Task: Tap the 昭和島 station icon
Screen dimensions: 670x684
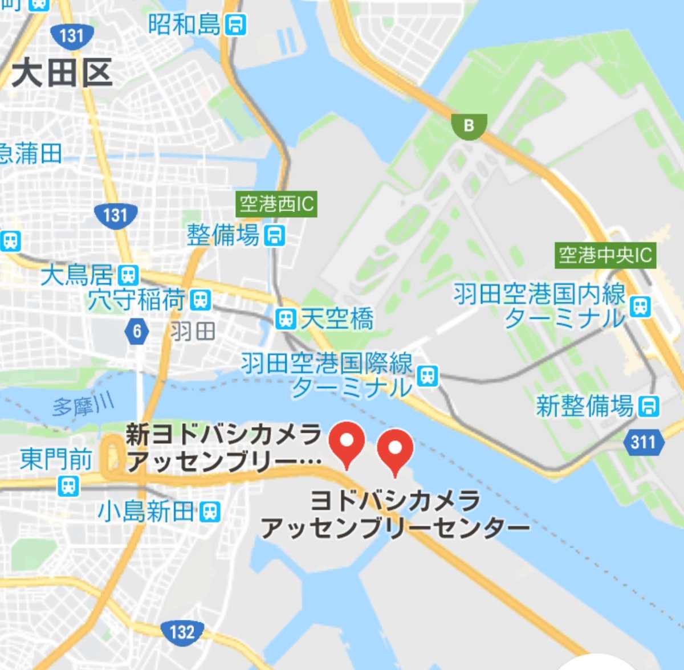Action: pos(235,25)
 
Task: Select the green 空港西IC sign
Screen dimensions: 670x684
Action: pos(276,204)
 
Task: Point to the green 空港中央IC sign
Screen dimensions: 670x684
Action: pos(605,255)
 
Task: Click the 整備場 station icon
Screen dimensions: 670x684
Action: pos(275,235)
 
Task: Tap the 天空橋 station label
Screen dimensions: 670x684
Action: pos(337,318)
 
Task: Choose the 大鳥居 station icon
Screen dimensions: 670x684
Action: pos(129,276)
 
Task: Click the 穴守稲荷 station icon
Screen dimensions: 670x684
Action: pos(200,300)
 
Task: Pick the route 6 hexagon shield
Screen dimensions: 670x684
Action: pos(137,331)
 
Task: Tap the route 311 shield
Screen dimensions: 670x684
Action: pos(644,442)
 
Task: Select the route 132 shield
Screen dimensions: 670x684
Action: pos(182,632)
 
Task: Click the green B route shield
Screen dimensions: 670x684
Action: pos(469,125)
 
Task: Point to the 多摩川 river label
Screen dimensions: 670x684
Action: pos(83,406)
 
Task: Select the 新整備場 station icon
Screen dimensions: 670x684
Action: pos(649,406)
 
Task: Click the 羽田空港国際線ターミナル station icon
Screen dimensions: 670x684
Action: pos(427,375)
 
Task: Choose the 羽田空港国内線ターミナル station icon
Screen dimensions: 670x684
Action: pos(641,307)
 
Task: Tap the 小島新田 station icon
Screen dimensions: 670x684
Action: pos(210,511)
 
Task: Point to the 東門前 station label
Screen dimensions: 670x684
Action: pos(56,459)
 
